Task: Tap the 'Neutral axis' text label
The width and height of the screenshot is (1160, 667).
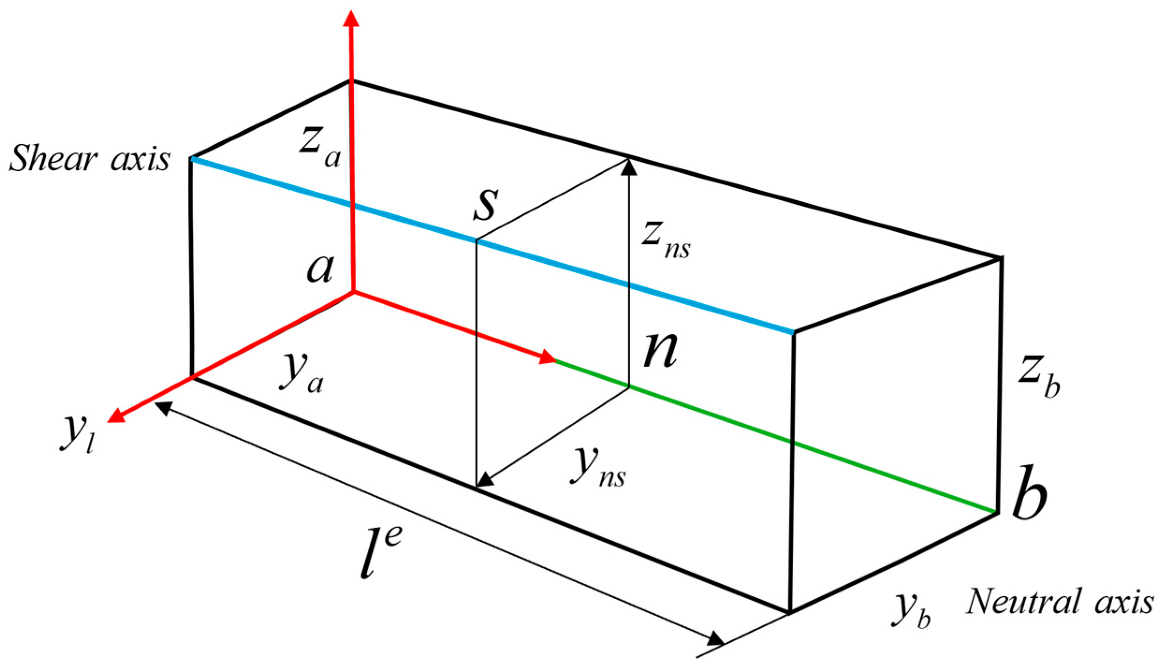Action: (x=1059, y=602)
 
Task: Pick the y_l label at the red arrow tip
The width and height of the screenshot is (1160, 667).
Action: (x=77, y=433)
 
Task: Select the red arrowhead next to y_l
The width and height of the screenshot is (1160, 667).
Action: (x=117, y=415)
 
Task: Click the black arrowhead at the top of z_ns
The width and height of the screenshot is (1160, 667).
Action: (x=629, y=167)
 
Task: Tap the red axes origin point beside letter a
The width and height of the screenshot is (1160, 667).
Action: (x=353, y=291)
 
